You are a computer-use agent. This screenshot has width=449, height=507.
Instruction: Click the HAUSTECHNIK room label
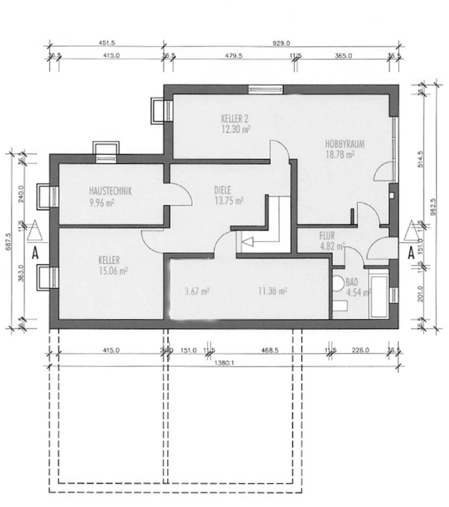(x=110, y=191)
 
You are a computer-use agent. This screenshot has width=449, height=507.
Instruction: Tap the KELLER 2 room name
(x=234, y=119)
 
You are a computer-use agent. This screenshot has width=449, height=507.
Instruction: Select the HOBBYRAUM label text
(x=345, y=144)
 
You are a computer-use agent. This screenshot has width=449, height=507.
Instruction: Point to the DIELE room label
(x=222, y=190)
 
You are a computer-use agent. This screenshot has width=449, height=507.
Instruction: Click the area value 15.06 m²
(x=113, y=271)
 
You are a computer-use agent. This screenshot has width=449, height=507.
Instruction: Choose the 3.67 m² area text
(x=197, y=291)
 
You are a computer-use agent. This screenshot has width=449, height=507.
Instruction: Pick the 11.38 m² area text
(x=272, y=291)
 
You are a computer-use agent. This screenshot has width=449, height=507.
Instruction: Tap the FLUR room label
(x=327, y=236)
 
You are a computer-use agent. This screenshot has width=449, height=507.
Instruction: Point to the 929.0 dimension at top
(x=281, y=43)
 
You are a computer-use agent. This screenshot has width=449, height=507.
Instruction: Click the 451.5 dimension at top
(x=106, y=43)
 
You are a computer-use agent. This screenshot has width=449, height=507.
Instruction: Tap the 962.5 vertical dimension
(x=433, y=207)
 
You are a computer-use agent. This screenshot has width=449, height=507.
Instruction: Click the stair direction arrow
(x=248, y=242)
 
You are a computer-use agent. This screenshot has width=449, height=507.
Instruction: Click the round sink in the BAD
(x=338, y=283)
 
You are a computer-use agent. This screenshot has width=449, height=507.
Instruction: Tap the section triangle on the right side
(x=411, y=231)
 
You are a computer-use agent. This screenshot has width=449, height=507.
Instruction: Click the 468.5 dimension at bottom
(x=270, y=350)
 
